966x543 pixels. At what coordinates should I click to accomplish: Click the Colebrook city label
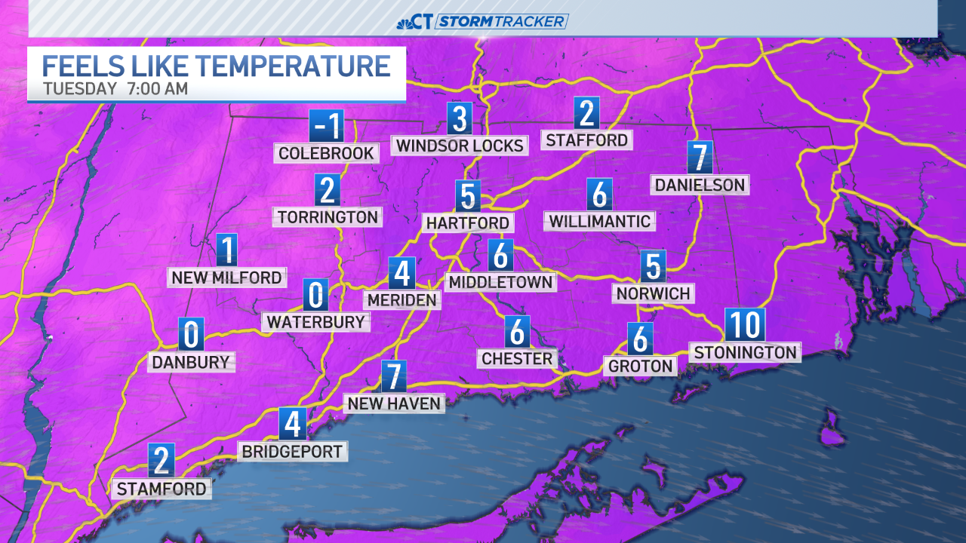click(326, 154)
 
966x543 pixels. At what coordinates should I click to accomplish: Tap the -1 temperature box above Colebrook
click(326, 125)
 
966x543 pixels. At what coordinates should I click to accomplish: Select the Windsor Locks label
click(460, 146)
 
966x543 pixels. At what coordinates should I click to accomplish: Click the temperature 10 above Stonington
click(745, 325)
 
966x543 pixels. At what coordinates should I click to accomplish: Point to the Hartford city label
click(468, 223)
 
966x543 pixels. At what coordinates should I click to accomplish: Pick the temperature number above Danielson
click(700, 158)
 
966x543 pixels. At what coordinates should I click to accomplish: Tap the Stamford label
click(161, 489)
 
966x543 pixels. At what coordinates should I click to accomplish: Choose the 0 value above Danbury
click(191, 334)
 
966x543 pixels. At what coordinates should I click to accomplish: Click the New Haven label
click(393, 403)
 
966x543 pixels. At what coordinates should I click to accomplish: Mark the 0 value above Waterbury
click(315, 295)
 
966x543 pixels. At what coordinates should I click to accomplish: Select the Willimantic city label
click(599, 221)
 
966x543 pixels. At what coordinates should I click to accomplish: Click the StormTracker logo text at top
click(502, 21)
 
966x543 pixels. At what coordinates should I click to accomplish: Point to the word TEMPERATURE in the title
click(294, 66)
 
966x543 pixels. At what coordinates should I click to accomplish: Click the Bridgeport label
click(292, 452)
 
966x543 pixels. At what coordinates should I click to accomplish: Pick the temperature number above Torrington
click(327, 190)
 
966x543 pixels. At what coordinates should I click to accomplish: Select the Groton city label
click(639, 367)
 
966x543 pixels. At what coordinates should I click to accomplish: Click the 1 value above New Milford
click(226, 250)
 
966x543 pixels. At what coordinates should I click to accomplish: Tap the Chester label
click(517, 358)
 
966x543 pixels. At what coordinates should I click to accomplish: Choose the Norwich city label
click(653, 293)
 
